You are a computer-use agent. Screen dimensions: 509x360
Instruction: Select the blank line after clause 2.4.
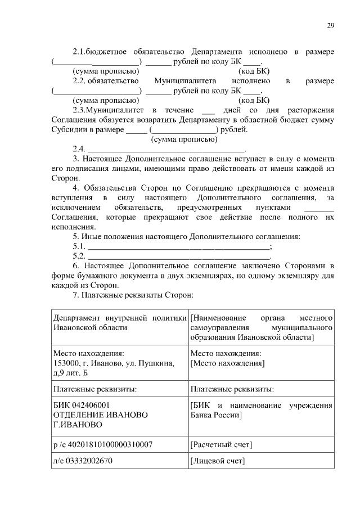(166, 150)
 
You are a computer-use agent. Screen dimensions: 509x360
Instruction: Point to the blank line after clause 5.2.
(179, 256)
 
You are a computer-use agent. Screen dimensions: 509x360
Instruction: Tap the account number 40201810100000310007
(110, 445)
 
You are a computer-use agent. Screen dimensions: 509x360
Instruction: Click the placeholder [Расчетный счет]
(221, 445)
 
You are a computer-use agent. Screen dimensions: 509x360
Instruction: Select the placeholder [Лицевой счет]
(218, 461)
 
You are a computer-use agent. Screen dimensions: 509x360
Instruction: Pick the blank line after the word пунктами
(322, 208)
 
